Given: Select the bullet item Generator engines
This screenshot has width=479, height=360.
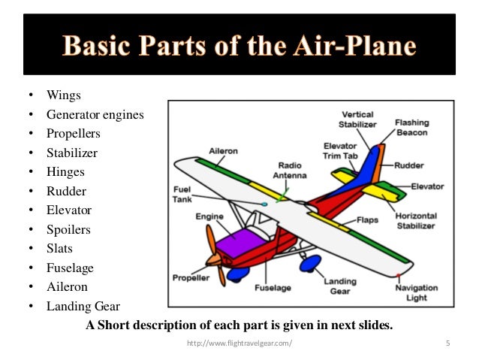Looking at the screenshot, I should pos(95,115).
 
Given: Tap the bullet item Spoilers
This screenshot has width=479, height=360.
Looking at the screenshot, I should pos(68,229).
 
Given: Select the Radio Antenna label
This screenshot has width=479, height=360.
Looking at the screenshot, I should pos(292,170).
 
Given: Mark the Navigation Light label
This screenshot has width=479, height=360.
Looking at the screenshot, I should pos(415,293).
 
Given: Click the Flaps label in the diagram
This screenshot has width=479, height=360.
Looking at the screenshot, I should pos(367,221).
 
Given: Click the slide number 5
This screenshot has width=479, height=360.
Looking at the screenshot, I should pos(447,344).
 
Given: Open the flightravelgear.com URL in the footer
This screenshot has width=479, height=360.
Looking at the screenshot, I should pos(239,344).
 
